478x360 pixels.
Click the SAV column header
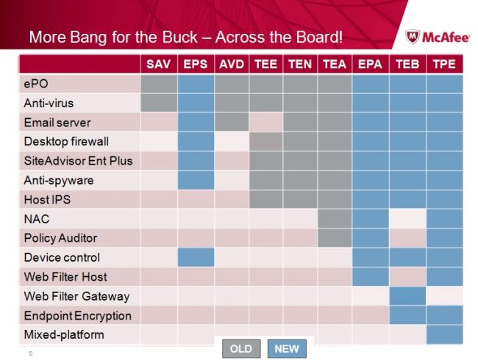(158, 64)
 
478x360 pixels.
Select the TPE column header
(443, 64)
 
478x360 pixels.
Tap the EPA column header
(370, 64)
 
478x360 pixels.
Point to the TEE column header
(265, 64)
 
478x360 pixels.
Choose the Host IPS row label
(46, 200)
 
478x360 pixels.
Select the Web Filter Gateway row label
(76, 296)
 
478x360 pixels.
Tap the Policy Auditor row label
(60, 238)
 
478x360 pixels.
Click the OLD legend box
(240, 349)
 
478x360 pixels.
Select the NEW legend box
(286, 349)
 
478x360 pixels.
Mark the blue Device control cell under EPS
(195, 257)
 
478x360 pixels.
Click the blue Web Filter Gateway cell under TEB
(407, 296)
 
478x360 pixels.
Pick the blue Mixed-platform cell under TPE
(443, 334)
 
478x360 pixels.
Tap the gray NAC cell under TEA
(335, 219)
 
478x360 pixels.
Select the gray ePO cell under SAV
(158, 84)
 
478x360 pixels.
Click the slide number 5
(30, 354)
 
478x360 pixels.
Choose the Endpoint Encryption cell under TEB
(407, 316)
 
